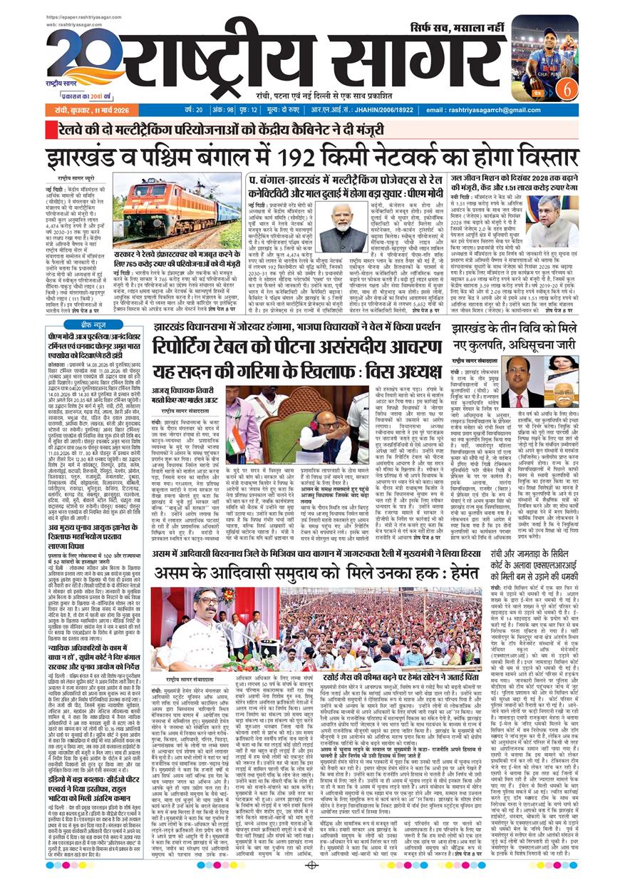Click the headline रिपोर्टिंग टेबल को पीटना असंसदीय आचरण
(x=294, y=344)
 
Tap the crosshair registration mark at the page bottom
(x=311, y=866)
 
